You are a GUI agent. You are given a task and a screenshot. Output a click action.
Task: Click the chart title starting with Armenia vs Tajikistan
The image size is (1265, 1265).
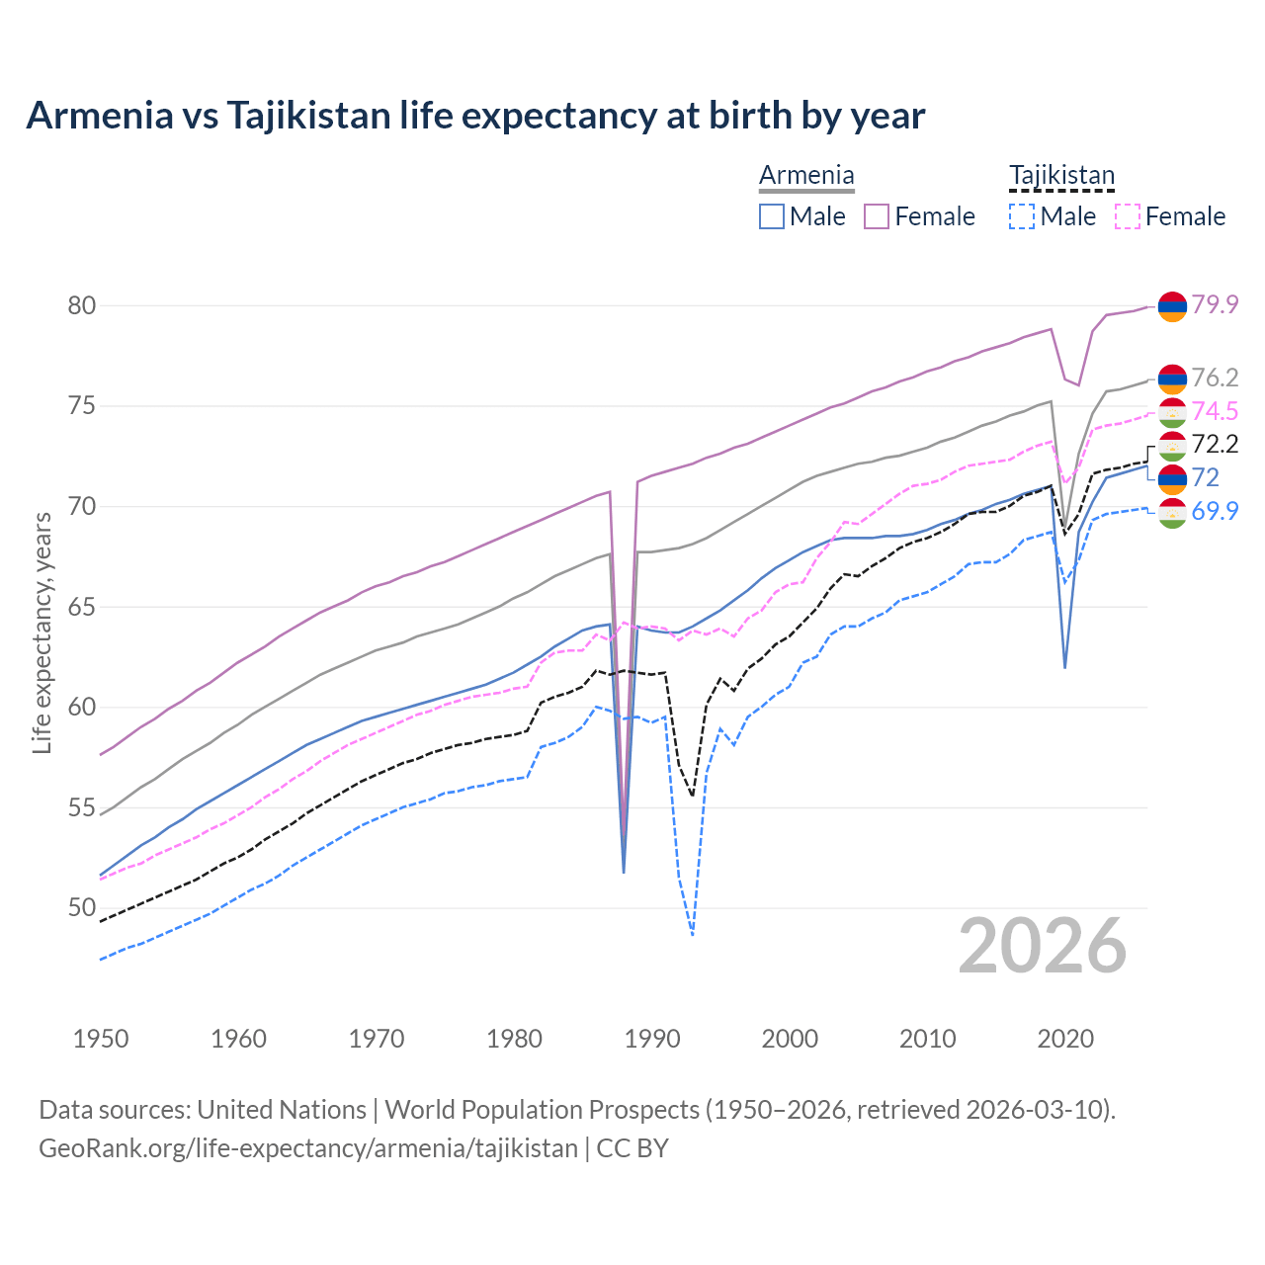(x=475, y=116)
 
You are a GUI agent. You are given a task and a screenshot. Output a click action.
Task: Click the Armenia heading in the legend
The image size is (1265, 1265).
(x=806, y=175)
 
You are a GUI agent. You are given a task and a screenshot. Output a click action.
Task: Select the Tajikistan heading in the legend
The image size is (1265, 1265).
(x=1061, y=175)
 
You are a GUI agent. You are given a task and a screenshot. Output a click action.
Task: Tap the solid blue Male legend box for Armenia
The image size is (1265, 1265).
(x=772, y=216)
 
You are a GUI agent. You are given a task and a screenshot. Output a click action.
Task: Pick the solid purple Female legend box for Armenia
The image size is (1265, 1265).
(x=877, y=216)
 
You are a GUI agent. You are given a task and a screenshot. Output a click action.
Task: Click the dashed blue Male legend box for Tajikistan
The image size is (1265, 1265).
(x=1022, y=216)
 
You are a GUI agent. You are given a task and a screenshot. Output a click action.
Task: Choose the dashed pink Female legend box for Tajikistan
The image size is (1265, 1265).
(x=1128, y=216)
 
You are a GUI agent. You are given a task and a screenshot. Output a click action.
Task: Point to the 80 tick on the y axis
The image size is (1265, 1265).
(x=82, y=305)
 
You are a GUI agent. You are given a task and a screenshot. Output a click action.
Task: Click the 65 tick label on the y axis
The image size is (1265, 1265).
(x=82, y=607)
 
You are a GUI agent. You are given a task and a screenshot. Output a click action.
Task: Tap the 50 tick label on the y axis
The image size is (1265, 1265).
(x=82, y=907)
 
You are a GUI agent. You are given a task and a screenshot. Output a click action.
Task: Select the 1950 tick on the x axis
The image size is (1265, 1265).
(x=101, y=1039)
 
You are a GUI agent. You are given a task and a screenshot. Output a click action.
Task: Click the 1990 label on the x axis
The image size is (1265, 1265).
(x=652, y=1039)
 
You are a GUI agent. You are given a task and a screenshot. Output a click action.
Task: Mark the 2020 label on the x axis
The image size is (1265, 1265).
(x=1065, y=1039)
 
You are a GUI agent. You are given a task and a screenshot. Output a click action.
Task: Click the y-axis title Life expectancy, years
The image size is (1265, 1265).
(x=42, y=632)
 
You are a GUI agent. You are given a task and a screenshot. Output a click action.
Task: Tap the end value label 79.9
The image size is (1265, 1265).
(x=1215, y=304)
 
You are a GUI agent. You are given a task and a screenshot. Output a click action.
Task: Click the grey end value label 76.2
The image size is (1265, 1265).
(x=1215, y=378)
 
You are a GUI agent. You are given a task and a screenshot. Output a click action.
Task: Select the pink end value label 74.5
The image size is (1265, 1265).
(x=1215, y=411)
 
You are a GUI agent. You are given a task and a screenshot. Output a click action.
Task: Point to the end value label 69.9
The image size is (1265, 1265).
(x=1215, y=511)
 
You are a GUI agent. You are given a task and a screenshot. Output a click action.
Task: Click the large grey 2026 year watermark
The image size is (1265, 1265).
(x=1043, y=946)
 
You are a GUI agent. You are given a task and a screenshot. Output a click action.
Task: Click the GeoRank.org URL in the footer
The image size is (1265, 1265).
(x=308, y=1148)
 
